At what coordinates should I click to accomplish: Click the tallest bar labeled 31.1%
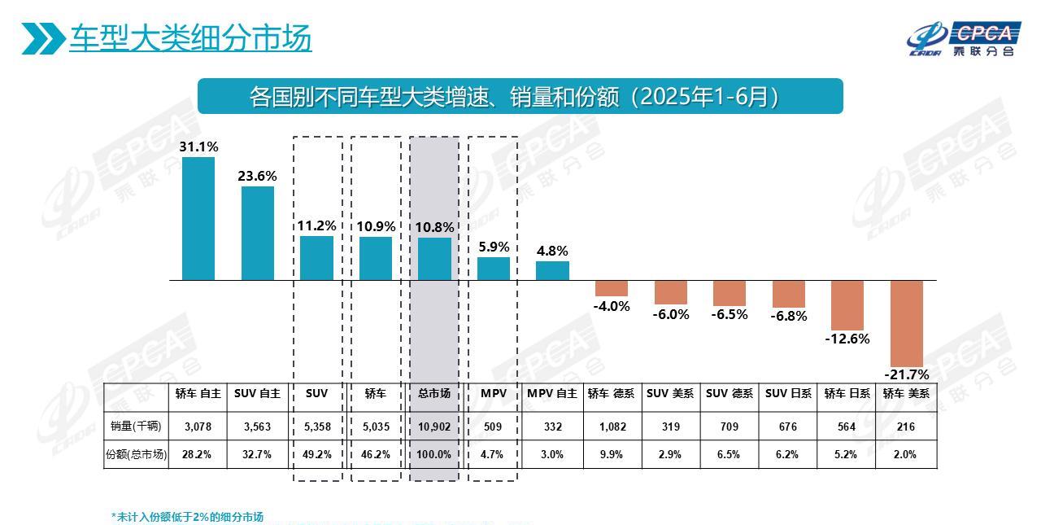pyautogui.click(x=198, y=218)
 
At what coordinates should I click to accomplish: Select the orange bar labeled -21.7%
pyautogui.click(x=907, y=323)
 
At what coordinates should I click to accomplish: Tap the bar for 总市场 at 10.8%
pyautogui.click(x=434, y=259)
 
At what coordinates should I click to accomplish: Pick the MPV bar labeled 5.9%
pyautogui.click(x=494, y=269)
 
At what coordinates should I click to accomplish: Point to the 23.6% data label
pyautogui.click(x=257, y=176)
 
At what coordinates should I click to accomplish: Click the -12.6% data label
pyautogui.click(x=847, y=339)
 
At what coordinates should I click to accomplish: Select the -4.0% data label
pyautogui.click(x=612, y=306)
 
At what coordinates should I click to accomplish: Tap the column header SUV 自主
pyautogui.click(x=257, y=394)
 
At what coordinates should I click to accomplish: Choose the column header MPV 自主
pyautogui.click(x=552, y=394)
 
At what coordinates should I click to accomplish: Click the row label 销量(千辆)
pyautogui.click(x=136, y=427)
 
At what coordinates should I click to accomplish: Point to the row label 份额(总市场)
pyautogui.click(x=136, y=455)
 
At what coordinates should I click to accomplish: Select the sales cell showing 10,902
pyautogui.click(x=434, y=427)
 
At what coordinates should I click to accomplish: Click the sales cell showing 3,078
pyautogui.click(x=198, y=427)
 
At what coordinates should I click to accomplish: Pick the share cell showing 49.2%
pyautogui.click(x=316, y=455)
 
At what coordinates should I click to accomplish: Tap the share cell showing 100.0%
pyautogui.click(x=434, y=455)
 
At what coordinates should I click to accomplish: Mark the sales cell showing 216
pyautogui.click(x=906, y=427)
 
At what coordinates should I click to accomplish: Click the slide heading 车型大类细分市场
pyautogui.click(x=190, y=37)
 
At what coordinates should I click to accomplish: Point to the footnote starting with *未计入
pyautogui.click(x=187, y=517)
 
